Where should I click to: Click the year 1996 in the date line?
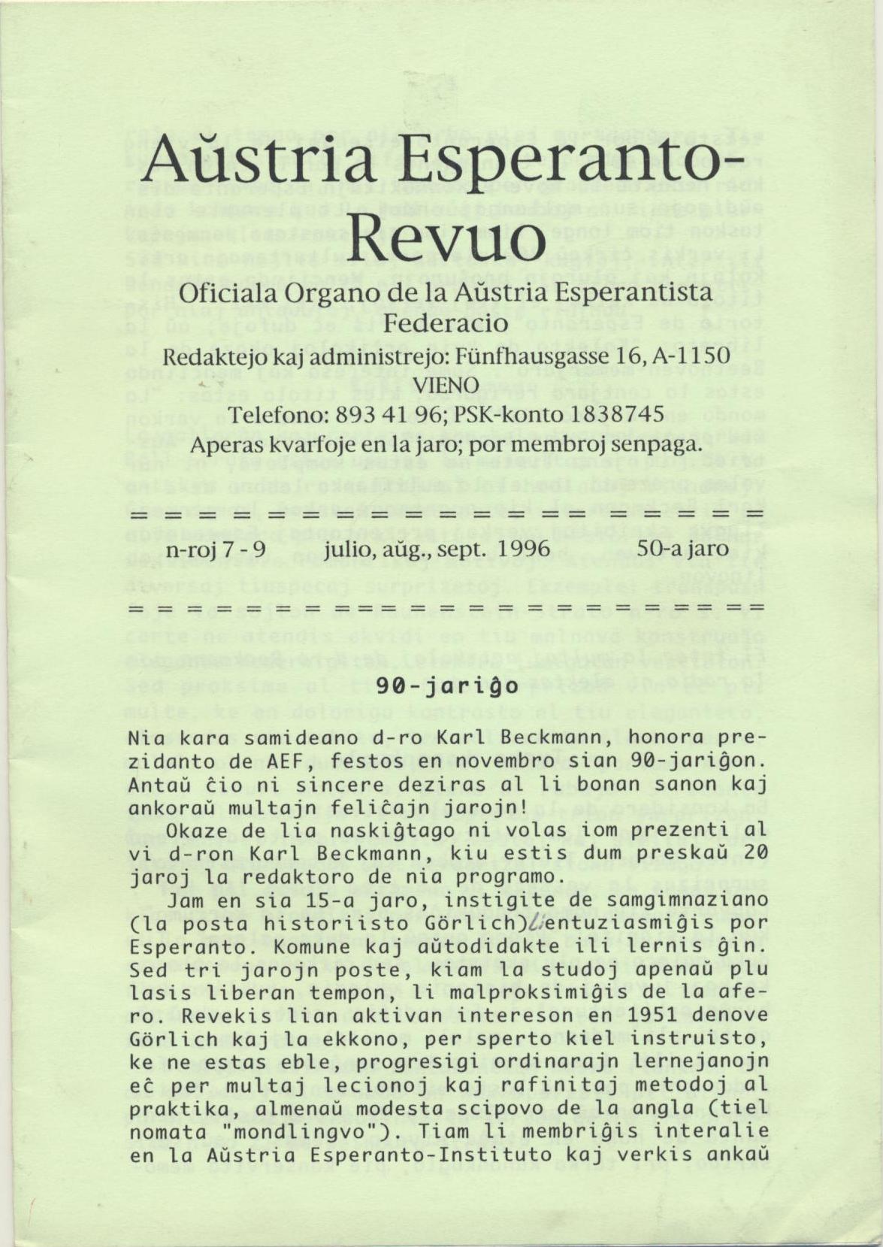(x=524, y=548)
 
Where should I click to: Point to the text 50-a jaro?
(x=682, y=548)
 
